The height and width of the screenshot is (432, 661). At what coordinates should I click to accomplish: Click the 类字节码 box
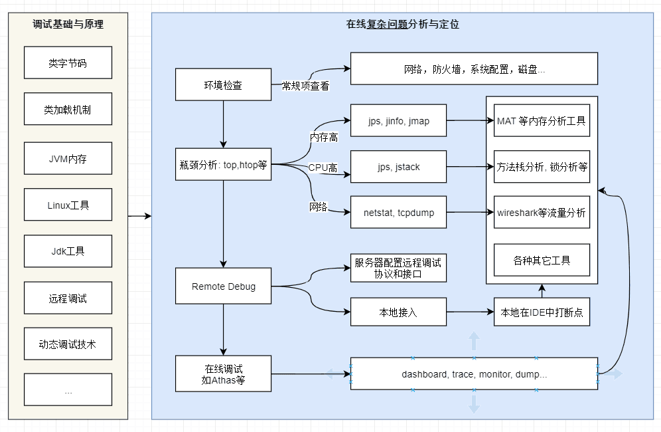[x=68, y=63]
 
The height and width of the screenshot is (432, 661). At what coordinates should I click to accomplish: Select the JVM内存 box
[x=68, y=158]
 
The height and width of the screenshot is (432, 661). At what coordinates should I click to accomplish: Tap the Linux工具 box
[x=68, y=205]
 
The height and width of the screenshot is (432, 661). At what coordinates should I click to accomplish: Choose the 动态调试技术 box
[x=68, y=344]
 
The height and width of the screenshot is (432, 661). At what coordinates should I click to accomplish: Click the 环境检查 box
[x=223, y=85]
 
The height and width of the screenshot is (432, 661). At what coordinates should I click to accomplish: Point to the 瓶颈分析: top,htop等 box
[x=223, y=164]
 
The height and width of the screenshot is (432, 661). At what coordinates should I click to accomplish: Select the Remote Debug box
[x=223, y=286]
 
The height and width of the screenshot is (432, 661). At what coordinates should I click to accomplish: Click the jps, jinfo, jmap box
[x=398, y=121]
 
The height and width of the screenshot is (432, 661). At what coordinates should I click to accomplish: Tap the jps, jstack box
[x=398, y=167]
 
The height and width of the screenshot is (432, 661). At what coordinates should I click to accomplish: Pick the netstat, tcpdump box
[x=398, y=213]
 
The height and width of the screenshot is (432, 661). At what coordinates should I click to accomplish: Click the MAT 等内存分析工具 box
[x=542, y=121]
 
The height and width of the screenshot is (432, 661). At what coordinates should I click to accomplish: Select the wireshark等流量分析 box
[x=542, y=213]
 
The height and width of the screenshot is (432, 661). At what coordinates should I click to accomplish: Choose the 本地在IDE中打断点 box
[x=542, y=312]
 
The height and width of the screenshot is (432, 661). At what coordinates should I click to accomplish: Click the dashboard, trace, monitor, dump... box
[x=474, y=374]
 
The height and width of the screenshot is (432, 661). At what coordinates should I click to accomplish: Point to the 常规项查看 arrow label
[x=305, y=86]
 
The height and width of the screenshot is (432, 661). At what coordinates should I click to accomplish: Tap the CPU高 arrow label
[x=323, y=168]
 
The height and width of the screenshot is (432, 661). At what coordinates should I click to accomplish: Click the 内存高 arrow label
[x=324, y=137]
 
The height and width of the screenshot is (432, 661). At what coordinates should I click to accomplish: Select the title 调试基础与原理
[x=68, y=25]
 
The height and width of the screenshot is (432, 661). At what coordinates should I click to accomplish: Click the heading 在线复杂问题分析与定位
[x=402, y=25]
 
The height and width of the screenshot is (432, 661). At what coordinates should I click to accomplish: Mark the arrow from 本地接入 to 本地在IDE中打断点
[x=470, y=312]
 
